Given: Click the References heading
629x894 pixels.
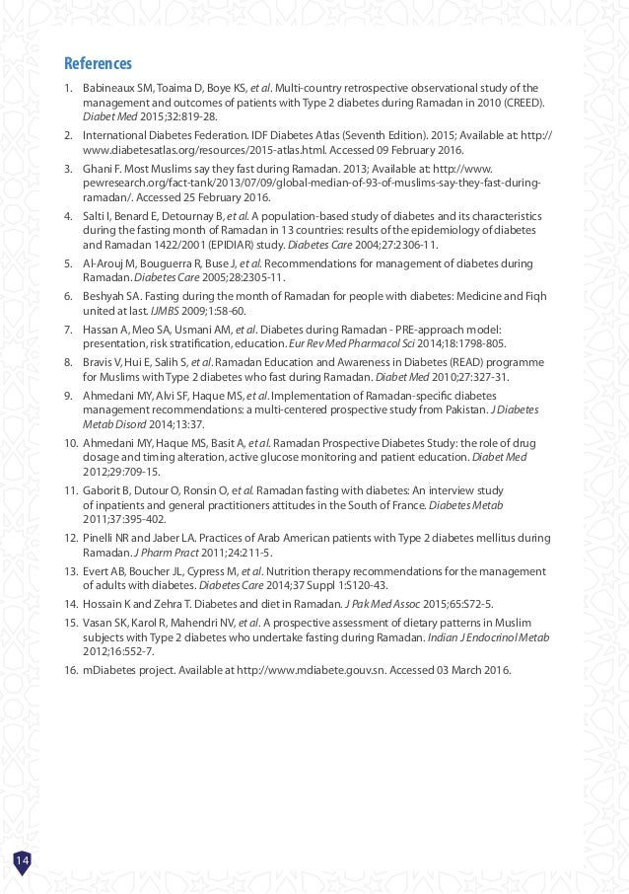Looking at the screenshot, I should (99, 65).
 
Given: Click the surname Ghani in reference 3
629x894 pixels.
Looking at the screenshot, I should (97, 169).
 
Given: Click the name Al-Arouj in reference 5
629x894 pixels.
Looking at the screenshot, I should (103, 264).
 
